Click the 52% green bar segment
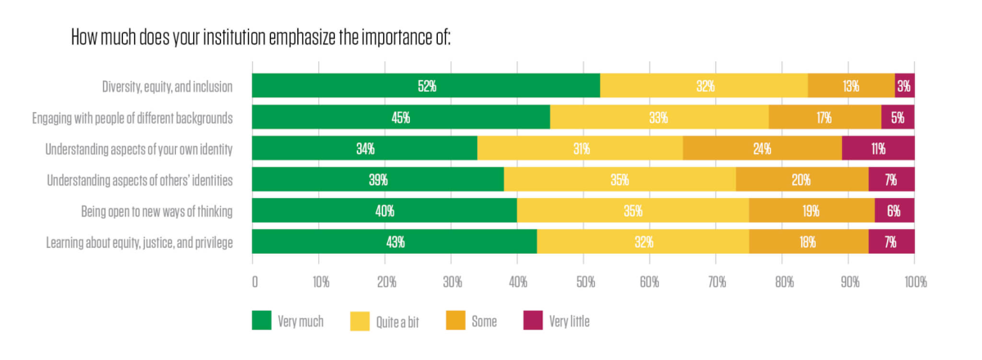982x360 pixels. [426, 86]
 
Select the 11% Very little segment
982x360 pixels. [878, 148]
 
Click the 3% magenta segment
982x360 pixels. [904, 86]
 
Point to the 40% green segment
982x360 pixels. [385, 210]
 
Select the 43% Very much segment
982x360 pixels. [394, 241]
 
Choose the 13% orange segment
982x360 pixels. [851, 86]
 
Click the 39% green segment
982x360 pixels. [378, 179]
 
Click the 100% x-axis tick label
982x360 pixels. [915, 282]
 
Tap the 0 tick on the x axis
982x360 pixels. [255, 282]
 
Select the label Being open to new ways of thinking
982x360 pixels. [157, 211]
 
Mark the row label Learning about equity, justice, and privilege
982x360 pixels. [140, 242]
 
